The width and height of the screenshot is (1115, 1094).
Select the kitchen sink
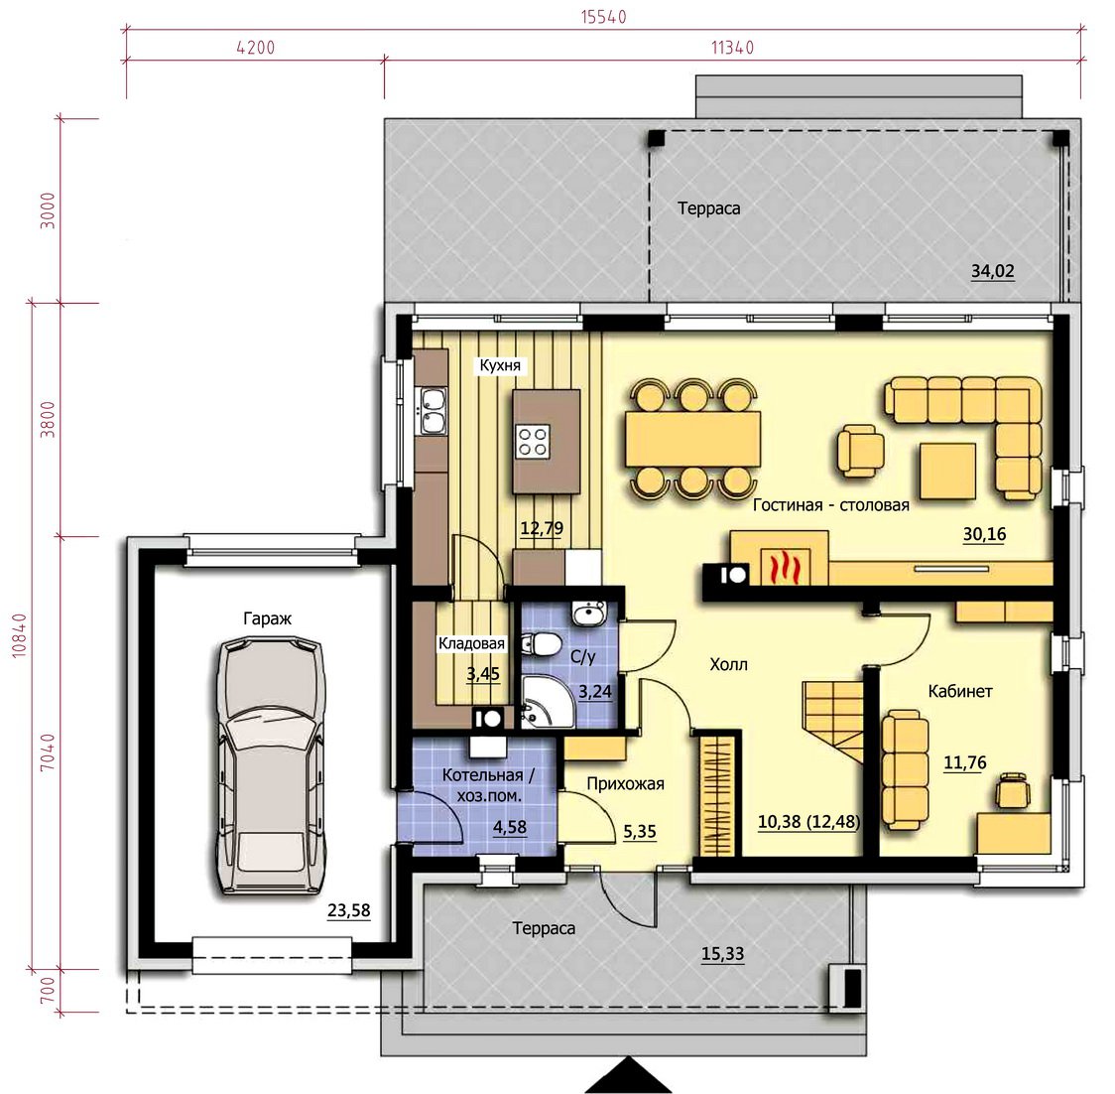[433, 411]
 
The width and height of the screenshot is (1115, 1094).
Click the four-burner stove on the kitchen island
[533, 441]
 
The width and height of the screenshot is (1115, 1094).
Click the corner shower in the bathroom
[548, 702]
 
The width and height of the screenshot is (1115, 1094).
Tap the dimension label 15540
[604, 17]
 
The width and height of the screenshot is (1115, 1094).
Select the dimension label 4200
[255, 48]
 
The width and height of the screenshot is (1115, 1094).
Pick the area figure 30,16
[984, 534]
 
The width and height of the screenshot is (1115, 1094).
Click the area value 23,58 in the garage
[348, 910]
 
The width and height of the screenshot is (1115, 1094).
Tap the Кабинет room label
[960, 691]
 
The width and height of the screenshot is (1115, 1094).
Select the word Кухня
[500, 365]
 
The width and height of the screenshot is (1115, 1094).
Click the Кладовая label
[471, 643]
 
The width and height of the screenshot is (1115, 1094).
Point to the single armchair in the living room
[860, 451]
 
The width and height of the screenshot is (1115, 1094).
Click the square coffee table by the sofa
[948, 471]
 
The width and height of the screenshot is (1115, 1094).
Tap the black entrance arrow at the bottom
[629, 1075]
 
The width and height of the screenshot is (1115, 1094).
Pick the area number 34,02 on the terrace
[993, 271]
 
